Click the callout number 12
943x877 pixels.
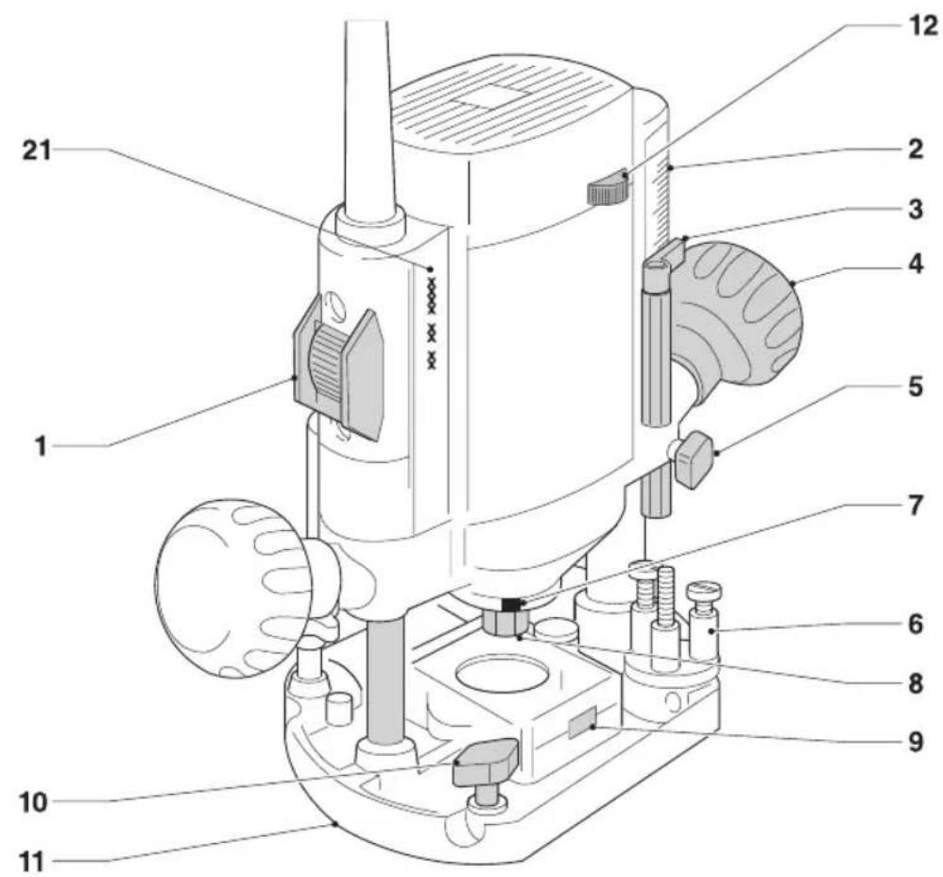pyautogui.click(x=920, y=26)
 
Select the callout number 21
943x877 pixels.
pyautogui.click(x=37, y=150)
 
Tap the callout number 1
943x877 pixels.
pyautogui.click(x=41, y=446)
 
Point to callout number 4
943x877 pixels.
pyautogui.click(x=916, y=264)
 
